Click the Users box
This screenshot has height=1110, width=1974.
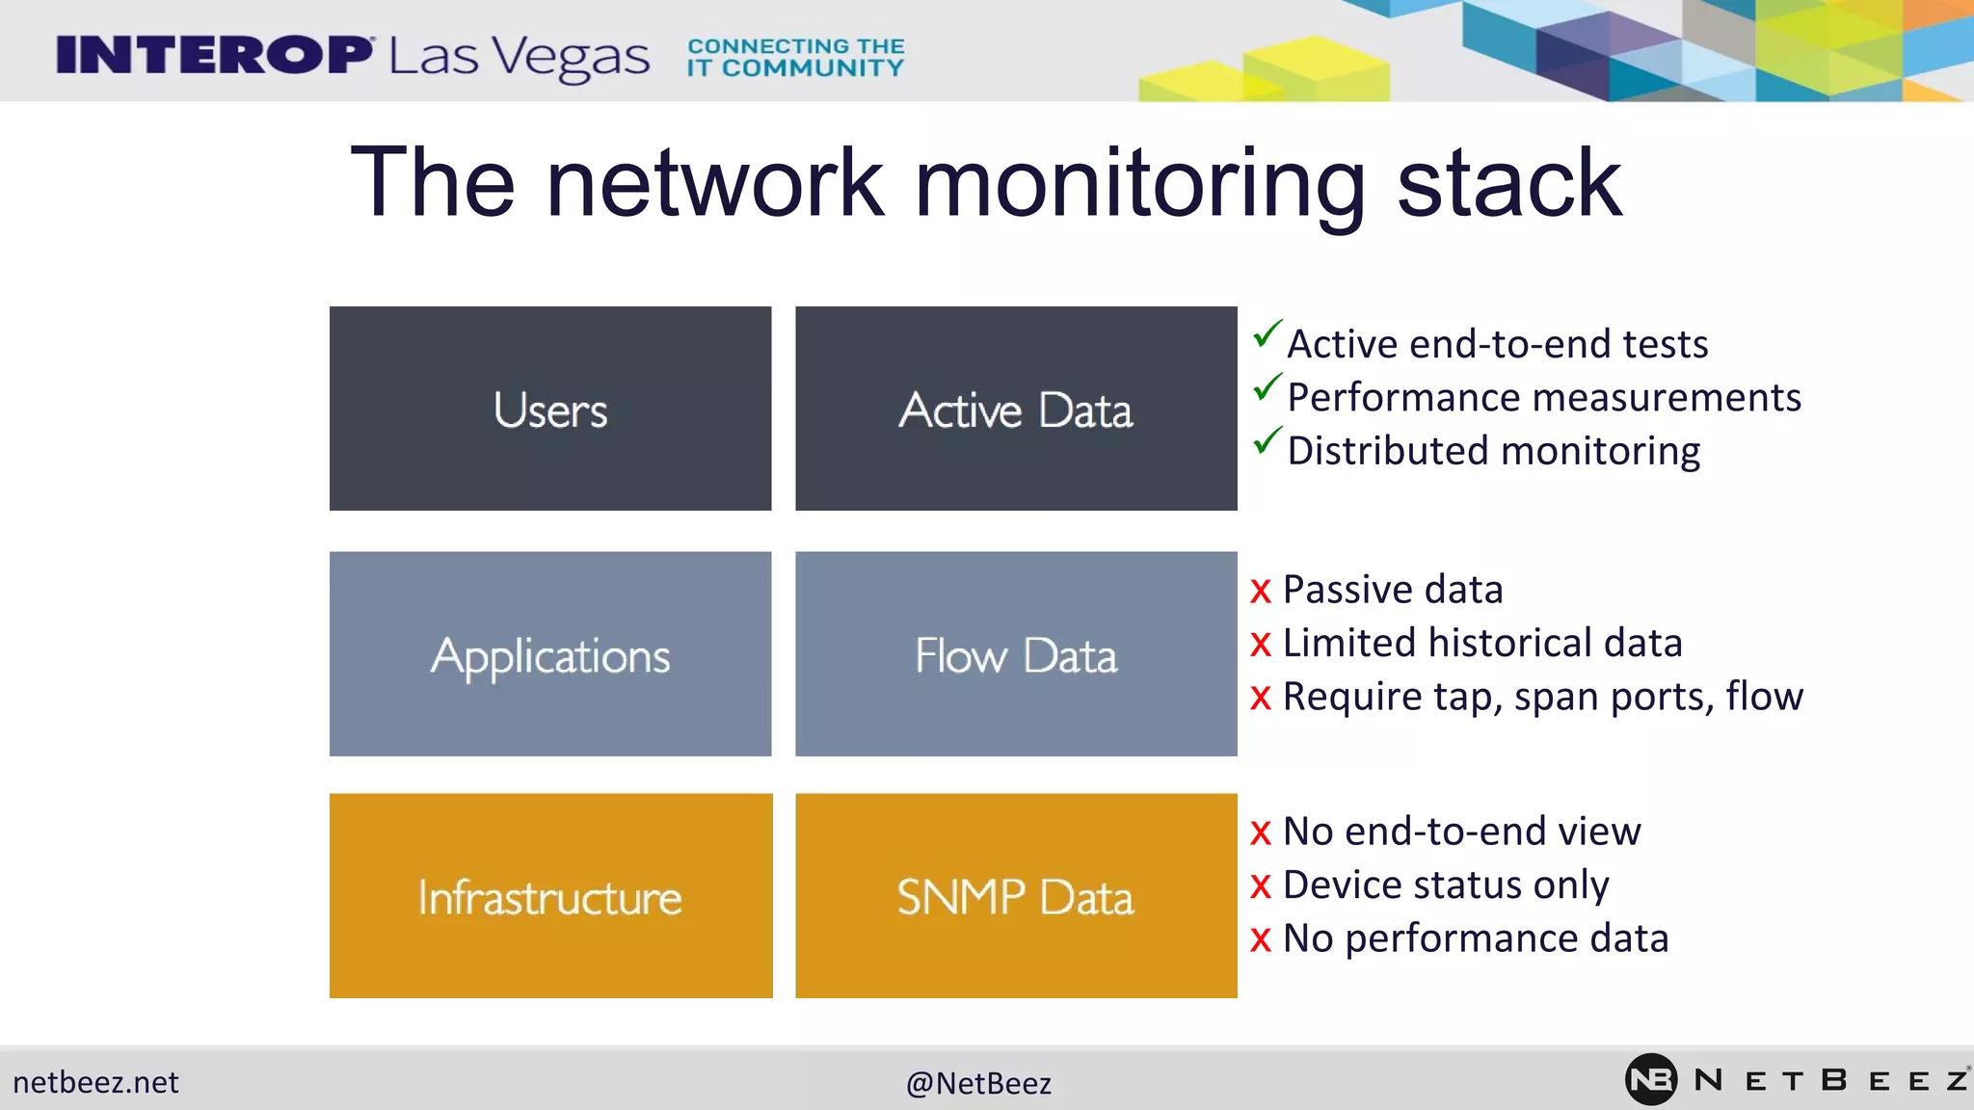click(x=549, y=409)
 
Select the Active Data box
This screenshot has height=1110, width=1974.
click(x=1016, y=409)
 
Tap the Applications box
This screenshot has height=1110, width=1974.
click(x=549, y=654)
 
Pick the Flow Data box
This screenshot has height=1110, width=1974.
click(x=1016, y=654)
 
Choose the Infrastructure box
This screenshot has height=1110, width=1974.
click(x=549, y=896)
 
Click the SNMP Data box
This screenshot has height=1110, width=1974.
click(x=1016, y=896)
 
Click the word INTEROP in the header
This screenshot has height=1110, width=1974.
click(x=214, y=55)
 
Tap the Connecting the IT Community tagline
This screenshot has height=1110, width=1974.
click(x=795, y=57)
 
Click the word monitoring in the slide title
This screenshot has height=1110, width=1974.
click(x=1140, y=183)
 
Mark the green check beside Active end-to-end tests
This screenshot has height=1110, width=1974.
click(x=1267, y=334)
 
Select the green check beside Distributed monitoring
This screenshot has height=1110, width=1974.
click(x=1267, y=441)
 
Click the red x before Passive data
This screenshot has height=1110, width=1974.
click(x=1261, y=592)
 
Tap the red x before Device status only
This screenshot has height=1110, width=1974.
click(x=1261, y=886)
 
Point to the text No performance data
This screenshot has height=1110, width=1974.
click(x=1475, y=938)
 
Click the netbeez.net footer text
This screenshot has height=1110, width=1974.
click(x=95, y=1082)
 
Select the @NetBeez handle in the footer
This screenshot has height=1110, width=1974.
click(x=978, y=1083)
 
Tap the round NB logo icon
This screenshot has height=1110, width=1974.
click(x=1650, y=1079)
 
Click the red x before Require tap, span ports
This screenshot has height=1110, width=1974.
click(x=1261, y=698)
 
